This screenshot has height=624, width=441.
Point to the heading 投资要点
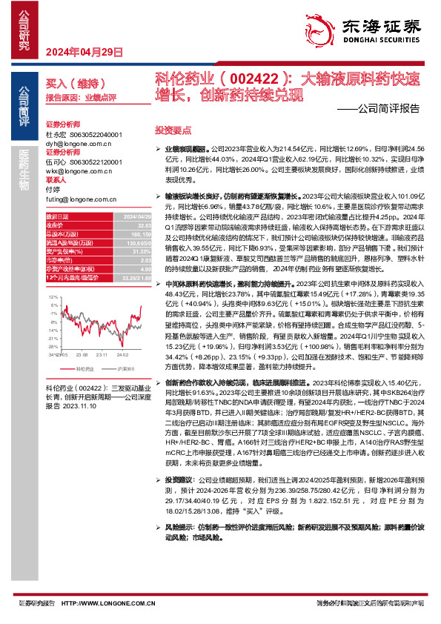(x=173, y=129)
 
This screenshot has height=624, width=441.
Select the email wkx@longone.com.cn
(x=75, y=170)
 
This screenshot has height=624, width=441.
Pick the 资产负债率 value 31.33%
(x=133, y=249)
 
